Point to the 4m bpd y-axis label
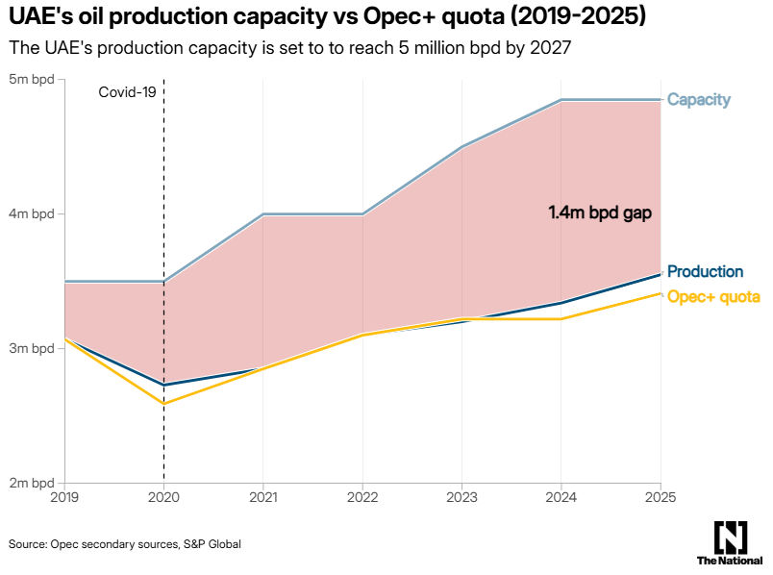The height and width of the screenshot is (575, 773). pyautogui.click(x=32, y=213)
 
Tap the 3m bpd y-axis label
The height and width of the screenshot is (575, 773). pyautogui.click(x=32, y=348)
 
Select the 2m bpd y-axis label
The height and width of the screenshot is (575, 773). pyautogui.click(x=32, y=483)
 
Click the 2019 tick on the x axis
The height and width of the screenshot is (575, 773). pyautogui.click(x=65, y=497)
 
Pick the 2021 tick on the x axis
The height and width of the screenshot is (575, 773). pyautogui.click(x=263, y=497)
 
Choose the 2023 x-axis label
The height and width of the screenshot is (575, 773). pyautogui.click(x=461, y=497)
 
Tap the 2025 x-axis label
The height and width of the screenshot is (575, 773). pyautogui.click(x=660, y=497)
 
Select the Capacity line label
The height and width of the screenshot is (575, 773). pyautogui.click(x=699, y=100)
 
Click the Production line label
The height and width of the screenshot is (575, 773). pyautogui.click(x=705, y=272)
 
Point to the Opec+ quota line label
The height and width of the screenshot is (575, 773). pyautogui.click(x=713, y=296)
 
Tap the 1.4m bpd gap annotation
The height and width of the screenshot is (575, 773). pyautogui.click(x=600, y=213)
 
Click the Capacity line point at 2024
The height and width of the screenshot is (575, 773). pyautogui.click(x=561, y=100)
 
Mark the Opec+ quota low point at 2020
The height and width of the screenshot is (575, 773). pyautogui.click(x=164, y=403)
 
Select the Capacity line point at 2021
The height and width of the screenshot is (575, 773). pyautogui.click(x=263, y=213)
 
